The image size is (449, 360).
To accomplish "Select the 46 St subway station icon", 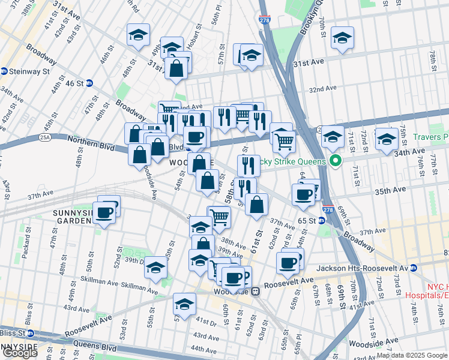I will coord(89,83).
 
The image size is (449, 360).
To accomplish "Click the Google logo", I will coord(19,353).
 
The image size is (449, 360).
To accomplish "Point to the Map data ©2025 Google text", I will coord(412,355).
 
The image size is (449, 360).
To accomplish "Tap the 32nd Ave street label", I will coord(322,89).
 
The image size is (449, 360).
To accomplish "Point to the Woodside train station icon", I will coord(255,291).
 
